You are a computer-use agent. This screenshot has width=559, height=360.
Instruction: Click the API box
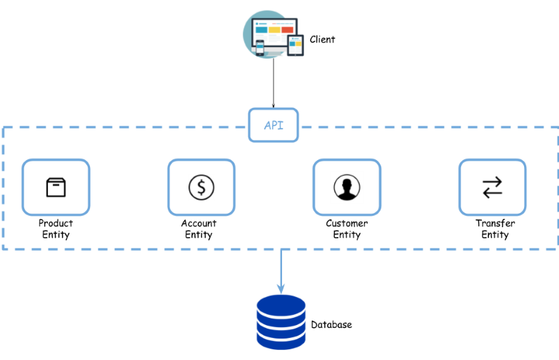(x=273, y=125)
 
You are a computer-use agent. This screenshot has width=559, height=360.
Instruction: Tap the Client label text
(x=322, y=39)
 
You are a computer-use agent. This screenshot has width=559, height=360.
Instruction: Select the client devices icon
(x=273, y=34)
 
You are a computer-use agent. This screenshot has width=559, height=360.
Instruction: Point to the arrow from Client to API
(x=273, y=83)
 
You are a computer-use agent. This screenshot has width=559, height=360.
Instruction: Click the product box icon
(x=56, y=187)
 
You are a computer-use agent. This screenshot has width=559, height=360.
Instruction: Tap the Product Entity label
(x=56, y=229)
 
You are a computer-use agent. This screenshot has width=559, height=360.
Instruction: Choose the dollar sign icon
(x=201, y=187)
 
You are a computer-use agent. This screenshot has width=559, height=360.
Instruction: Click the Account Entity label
(x=198, y=229)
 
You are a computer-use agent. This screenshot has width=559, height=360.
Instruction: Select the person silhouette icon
(x=347, y=187)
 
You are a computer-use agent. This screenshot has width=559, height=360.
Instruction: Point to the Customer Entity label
(x=347, y=229)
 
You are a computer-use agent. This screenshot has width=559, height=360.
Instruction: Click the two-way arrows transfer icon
(x=493, y=187)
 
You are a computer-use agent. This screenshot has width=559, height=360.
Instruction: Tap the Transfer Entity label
(x=495, y=229)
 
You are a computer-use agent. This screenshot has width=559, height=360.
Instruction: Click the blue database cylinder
(x=281, y=322)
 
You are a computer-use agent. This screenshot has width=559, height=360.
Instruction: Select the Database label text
(x=331, y=324)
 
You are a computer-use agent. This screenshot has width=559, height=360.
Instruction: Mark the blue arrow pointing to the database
(x=281, y=271)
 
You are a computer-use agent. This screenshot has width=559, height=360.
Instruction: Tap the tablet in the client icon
(x=295, y=45)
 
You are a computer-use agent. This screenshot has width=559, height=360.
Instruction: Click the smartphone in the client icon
(x=260, y=48)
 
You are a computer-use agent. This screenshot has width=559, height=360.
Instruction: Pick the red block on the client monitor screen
(x=287, y=29)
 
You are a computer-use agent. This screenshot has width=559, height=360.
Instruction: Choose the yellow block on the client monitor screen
(x=274, y=29)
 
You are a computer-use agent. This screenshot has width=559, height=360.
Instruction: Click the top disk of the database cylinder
(x=281, y=306)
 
